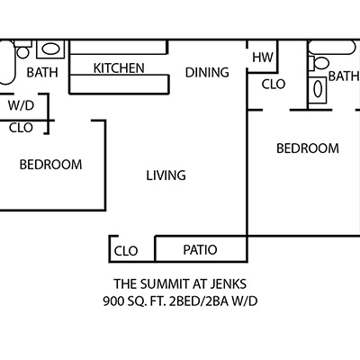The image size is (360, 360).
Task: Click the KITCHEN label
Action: pos(119,68)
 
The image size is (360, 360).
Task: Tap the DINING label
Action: pos(207,72)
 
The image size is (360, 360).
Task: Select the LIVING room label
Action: pos(166,175)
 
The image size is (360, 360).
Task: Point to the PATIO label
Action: pos(200,249)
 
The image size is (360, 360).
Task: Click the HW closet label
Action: pos(263,57)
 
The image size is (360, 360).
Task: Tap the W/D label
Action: pos(21,105)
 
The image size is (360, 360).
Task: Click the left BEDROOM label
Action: pos(50,165)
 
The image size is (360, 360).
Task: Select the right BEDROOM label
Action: pos(308,148)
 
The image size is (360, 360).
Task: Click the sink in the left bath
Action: pos(50,49)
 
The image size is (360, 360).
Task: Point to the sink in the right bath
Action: pos(318,90)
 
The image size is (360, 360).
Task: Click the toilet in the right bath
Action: pos(319,63)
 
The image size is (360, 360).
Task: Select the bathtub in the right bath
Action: pos(332,48)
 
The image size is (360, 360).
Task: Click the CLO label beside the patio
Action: pos(126,251)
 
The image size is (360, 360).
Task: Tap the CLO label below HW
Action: pos(274,85)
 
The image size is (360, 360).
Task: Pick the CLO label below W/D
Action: pos(21,128)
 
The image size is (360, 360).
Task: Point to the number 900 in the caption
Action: pos(112,301)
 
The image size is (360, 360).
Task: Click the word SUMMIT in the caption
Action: pos(165,283)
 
